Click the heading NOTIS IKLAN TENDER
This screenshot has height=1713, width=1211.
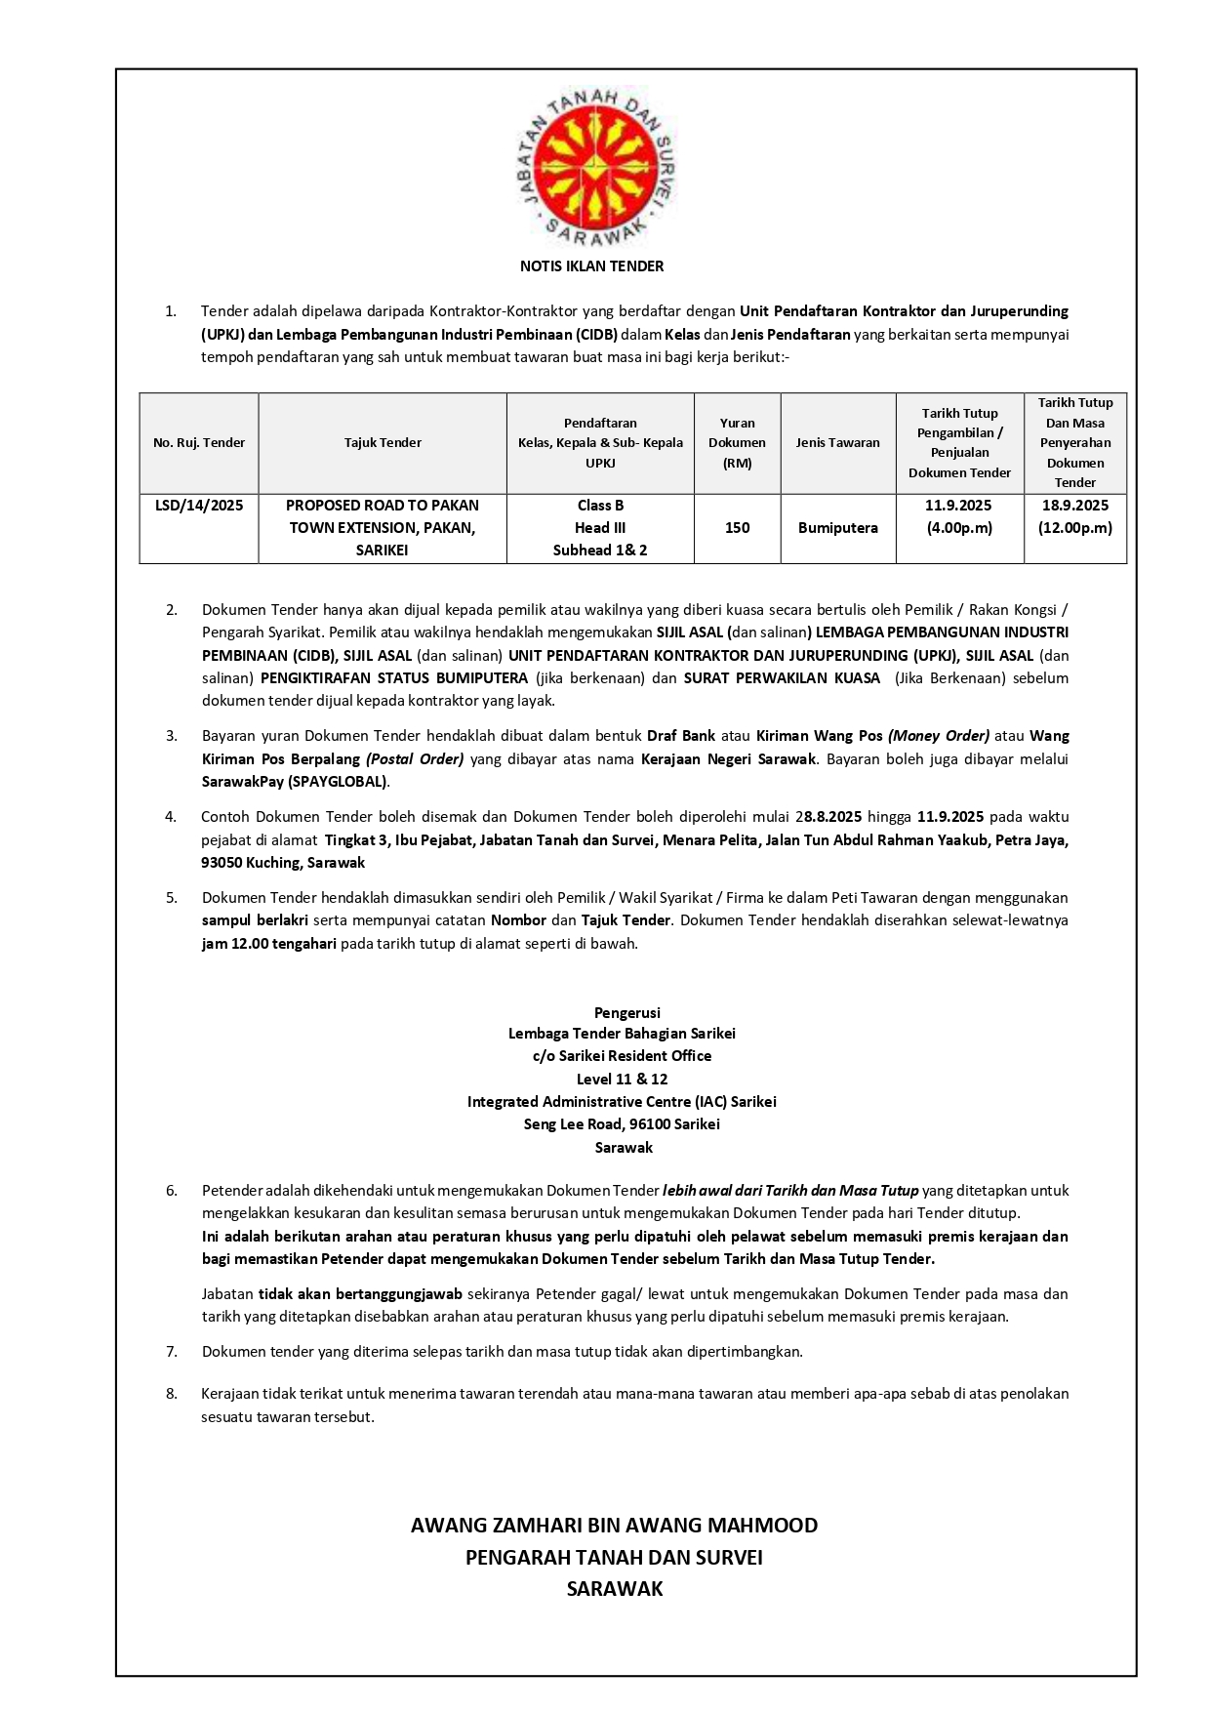click(591, 265)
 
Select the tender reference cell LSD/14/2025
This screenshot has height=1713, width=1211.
click(199, 506)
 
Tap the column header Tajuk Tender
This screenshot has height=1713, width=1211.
click(383, 443)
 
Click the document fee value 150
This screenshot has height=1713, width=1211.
click(737, 528)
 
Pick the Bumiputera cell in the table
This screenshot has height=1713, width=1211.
click(837, 528)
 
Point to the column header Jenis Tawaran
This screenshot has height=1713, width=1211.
click(837, 443)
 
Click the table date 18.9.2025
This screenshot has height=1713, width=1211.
click(1074, 506)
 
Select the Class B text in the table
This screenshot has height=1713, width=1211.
click(600, 506)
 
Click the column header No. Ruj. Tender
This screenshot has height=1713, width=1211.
click(199, 443)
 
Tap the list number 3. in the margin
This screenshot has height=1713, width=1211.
click(172, 736)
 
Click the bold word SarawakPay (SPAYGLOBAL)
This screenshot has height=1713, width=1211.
click(295, 782)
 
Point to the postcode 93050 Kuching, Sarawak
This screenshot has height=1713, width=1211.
click(283, 863)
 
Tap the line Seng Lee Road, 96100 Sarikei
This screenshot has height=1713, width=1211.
click(622, 1124)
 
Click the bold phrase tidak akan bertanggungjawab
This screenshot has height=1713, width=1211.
click(360, 1294)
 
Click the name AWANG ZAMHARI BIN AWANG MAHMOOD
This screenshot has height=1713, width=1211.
click(614, 1526)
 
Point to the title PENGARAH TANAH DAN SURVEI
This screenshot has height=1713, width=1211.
click(614, 1558)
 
